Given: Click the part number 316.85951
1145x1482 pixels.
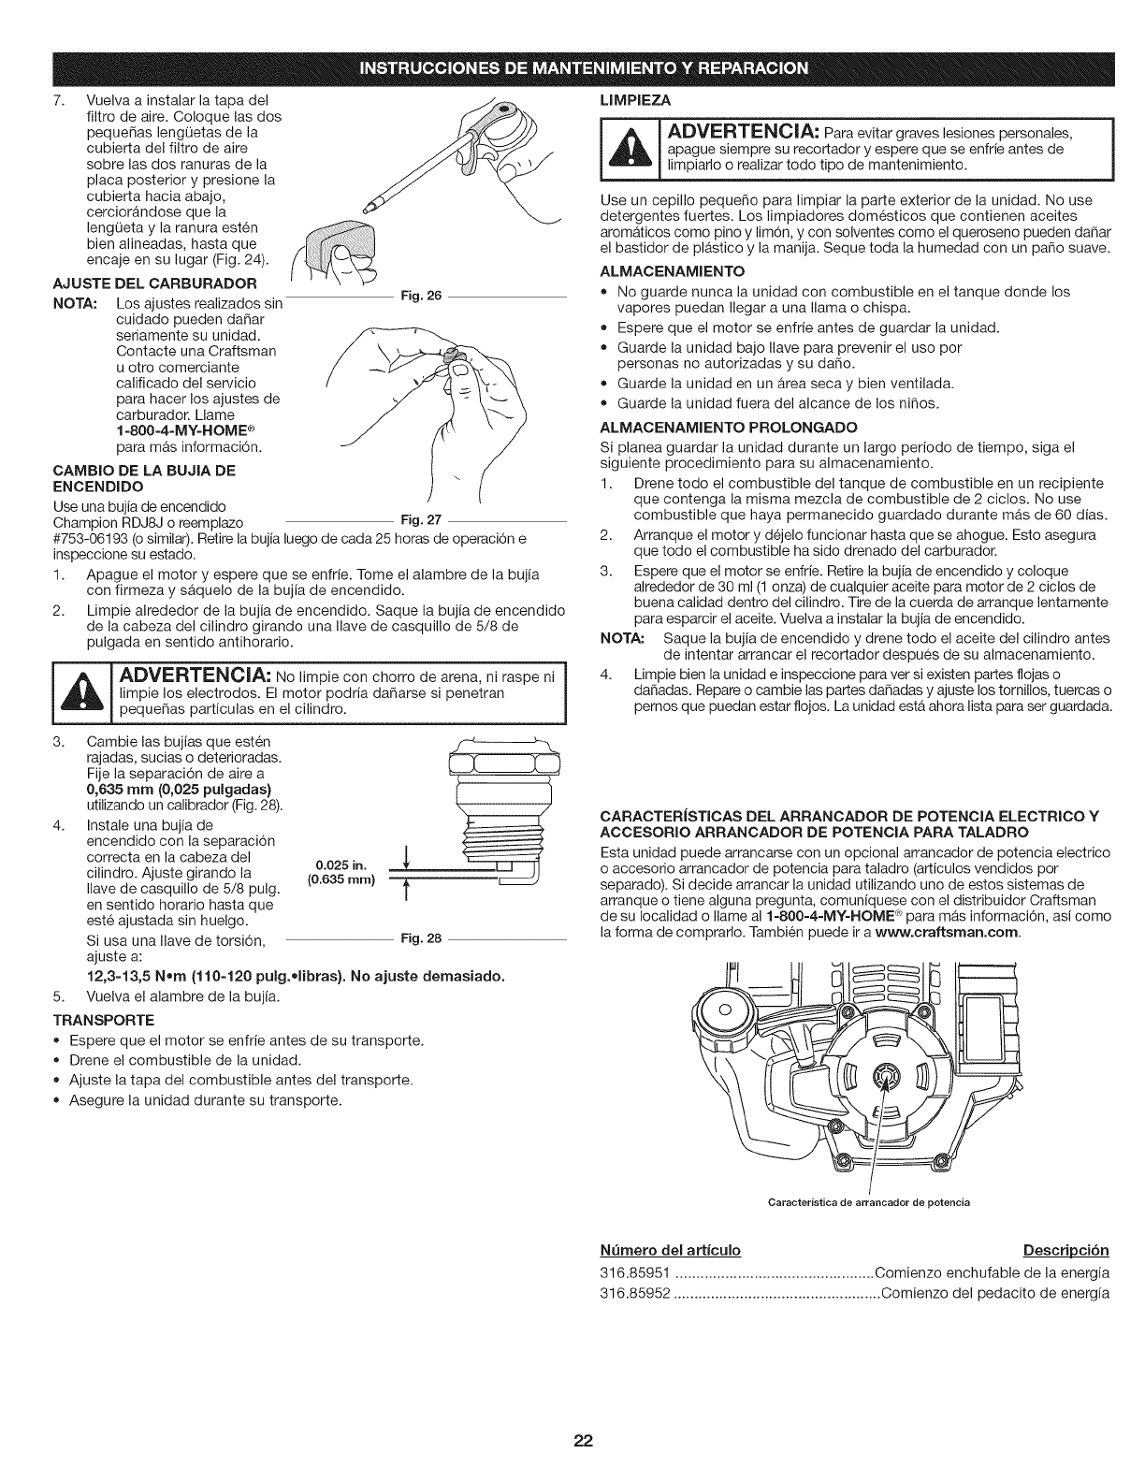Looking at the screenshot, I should [x=630, y=1274].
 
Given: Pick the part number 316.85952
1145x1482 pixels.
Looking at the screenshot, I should [x=630, y=1294].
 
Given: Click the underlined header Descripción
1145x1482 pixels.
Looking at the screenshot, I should [x=1065, y=1251].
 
